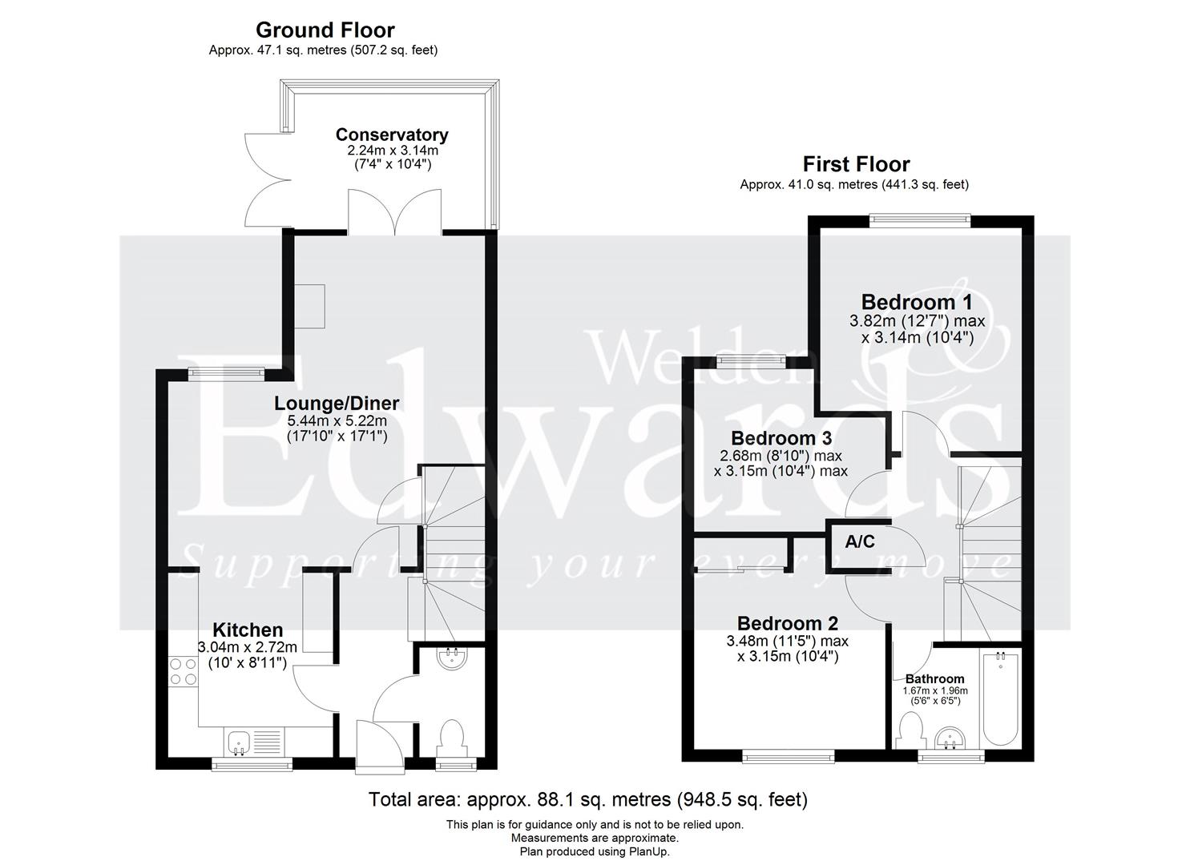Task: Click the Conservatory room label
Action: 391,135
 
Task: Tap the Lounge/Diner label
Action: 337,404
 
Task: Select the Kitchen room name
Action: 247,630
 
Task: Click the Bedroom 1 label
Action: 917,302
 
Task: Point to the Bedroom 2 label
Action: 788,623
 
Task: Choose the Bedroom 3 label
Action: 781,438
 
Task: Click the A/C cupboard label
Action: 860,542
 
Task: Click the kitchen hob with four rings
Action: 184,671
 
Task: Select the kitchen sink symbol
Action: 238,742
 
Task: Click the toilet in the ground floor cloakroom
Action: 453,735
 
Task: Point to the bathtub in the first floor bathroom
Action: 1000,697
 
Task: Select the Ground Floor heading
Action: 325,30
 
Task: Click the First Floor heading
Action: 856,164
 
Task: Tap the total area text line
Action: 587,799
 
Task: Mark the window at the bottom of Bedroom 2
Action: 788,755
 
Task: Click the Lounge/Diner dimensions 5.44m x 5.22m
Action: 337,421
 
